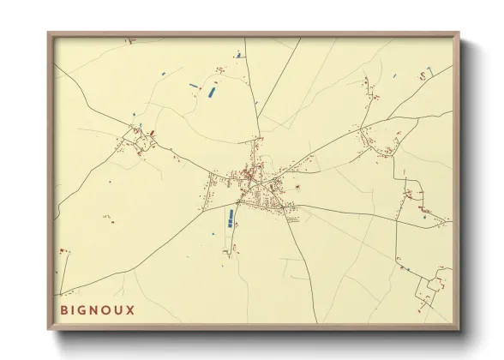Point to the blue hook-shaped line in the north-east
(238, 56)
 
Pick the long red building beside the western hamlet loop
(153, 133)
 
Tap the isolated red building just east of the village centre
(297, 186)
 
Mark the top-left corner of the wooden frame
(49, 33)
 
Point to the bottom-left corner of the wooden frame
(49, 329)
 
